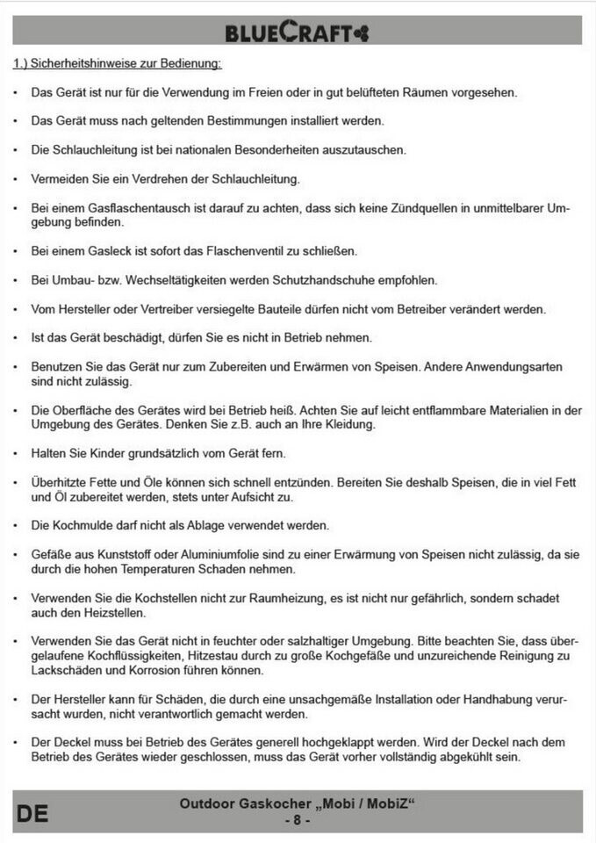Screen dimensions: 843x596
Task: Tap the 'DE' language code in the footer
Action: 32,813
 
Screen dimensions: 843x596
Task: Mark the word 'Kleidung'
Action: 349,424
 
